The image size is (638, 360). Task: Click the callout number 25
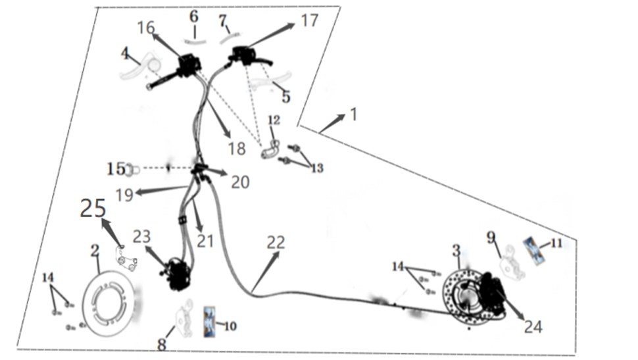coord(93,209)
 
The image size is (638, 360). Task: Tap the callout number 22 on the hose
coord(276,242)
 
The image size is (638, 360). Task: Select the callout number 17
coord(309,20)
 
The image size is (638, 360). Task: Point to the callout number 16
coord(146,28)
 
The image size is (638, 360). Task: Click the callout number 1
coord(353,114)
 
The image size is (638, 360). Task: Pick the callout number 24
coord(533,325)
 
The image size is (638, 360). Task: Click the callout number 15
coord(115,168)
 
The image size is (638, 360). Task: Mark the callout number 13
coord(317,168)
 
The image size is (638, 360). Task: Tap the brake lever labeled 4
coord(139,68)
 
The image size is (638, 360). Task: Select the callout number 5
coord(285,97)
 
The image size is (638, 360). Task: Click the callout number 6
coord(193,16)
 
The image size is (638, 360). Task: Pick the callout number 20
coord(240,182)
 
